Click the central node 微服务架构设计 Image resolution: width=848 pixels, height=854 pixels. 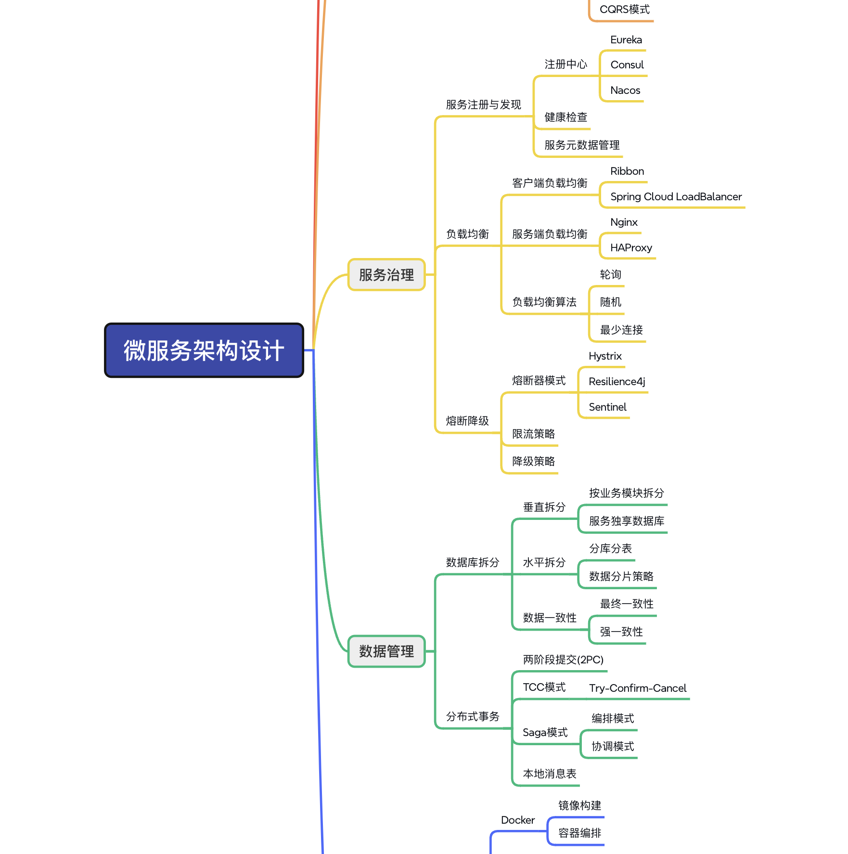204,350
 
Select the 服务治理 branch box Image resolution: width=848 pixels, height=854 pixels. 386,275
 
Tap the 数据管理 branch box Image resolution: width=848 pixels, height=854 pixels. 386,651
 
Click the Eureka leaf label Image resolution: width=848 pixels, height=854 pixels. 626,40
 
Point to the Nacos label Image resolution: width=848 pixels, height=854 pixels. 625,91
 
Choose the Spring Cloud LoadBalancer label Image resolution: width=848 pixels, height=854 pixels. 676,197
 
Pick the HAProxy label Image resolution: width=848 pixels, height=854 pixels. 631,248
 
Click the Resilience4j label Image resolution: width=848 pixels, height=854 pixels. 617,382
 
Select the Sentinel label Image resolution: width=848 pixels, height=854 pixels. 607,407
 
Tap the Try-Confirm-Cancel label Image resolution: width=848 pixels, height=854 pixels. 638,688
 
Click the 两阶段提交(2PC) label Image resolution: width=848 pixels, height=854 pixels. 563,660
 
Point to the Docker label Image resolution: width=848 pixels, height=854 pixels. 518,820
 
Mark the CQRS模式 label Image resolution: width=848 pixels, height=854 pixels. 624,10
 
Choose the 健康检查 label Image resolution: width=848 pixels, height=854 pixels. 565,117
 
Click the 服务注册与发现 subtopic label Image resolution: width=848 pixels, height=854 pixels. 483,105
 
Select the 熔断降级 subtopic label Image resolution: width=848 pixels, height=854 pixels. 467,421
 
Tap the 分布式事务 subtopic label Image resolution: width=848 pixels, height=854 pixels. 473,717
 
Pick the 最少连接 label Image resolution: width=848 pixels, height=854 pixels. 621,330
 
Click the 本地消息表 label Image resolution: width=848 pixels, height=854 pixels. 550,774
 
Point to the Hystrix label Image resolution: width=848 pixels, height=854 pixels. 605,356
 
